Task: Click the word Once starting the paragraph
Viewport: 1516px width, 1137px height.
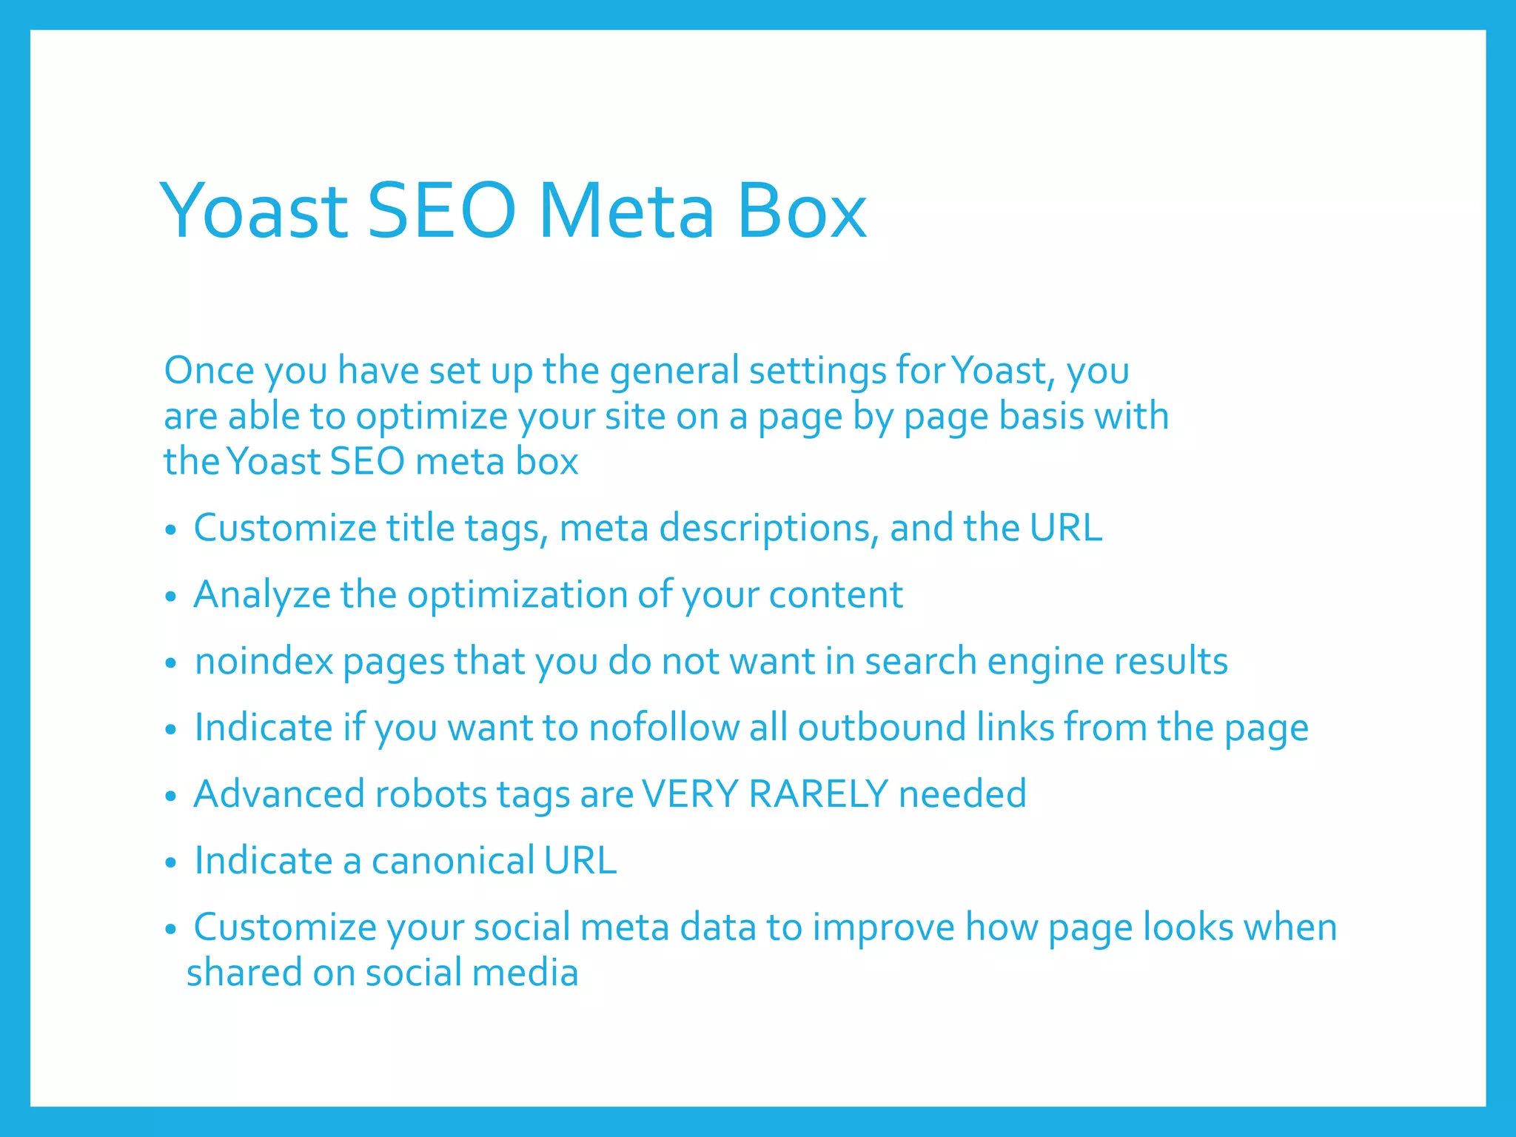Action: (209, 370)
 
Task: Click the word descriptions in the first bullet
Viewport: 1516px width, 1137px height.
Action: (769, 529)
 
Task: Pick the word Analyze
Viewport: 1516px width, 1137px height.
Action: (261, 595)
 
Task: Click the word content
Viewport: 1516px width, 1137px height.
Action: (836, 595)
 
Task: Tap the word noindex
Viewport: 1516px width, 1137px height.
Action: (264, 661)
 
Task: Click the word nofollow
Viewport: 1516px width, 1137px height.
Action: (663, 728)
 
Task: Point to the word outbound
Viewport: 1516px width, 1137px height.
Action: (882, 728)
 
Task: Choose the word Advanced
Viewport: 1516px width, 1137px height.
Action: (279, 794)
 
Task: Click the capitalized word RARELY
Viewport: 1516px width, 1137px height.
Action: (818, 794)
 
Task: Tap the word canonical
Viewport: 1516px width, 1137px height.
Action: (452, 861)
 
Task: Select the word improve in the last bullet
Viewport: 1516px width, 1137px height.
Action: (883, 928)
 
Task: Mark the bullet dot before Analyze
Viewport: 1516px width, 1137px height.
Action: (171, 597)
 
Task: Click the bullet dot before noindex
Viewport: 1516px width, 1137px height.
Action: (171, 663)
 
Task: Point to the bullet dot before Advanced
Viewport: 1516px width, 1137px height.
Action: (171, 796)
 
